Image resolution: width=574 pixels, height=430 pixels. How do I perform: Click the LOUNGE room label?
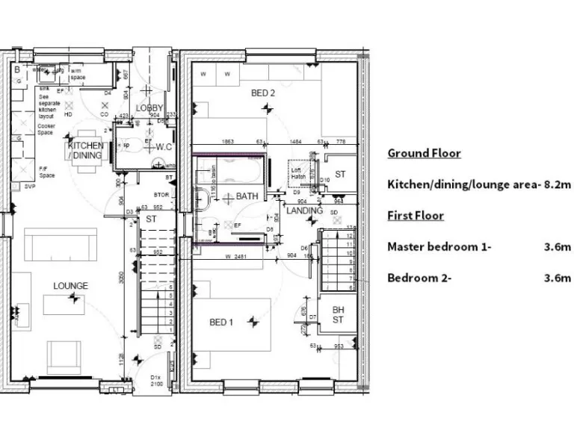[70, 286]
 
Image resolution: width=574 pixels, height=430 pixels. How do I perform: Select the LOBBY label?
[149, 108]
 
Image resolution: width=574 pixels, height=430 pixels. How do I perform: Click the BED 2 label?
[263, 93]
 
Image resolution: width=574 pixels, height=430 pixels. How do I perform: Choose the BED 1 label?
[221, 322]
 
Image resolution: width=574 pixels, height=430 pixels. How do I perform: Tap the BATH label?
[247, 196]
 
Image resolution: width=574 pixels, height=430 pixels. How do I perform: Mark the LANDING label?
[304, 211]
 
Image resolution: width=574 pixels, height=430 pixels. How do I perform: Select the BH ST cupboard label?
[338, 314]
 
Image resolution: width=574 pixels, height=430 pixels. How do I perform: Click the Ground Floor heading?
[423, 153]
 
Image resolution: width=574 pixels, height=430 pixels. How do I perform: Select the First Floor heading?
[416, 215]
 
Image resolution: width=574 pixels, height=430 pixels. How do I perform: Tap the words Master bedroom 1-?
[439, 246]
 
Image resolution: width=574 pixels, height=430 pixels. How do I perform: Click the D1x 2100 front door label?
[156, 380]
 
